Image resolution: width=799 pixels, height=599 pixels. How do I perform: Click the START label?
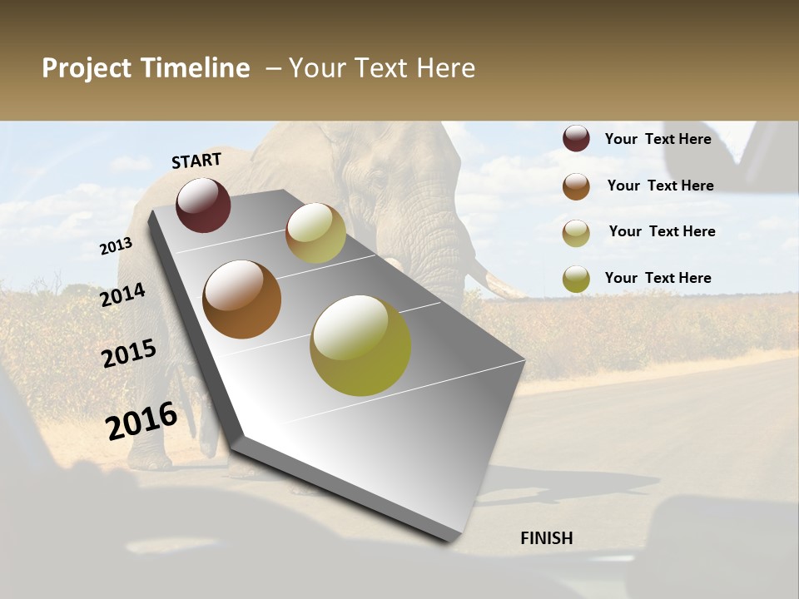(196, 160)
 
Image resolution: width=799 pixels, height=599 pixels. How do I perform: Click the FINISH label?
(546, 538)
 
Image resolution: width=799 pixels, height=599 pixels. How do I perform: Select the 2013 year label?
(116, 246)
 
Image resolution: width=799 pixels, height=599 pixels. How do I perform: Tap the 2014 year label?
(123, 295)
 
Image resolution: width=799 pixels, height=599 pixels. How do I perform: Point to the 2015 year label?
(129, 354)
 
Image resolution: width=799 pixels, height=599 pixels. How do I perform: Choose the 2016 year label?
(141, 421)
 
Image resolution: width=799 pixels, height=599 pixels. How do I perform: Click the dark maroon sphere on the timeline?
(203, 205)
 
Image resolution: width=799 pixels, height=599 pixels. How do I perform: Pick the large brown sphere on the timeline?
(241, 299)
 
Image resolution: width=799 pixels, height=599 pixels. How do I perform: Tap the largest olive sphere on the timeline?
(360, 345)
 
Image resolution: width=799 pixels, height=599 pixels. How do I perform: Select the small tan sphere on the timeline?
(315, 233)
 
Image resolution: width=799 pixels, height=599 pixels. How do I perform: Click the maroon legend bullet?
(576, 139)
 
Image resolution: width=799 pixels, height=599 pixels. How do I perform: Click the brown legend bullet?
(576, 186)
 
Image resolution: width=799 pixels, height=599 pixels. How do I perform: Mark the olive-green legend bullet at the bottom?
(576, 279)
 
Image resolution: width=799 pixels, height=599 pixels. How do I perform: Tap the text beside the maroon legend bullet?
(658, 139)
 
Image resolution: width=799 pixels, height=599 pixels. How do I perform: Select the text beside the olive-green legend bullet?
(658, 278)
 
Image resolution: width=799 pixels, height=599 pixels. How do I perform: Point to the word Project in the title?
(87, 68)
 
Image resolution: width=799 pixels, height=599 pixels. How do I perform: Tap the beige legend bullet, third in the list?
(576, 233)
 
